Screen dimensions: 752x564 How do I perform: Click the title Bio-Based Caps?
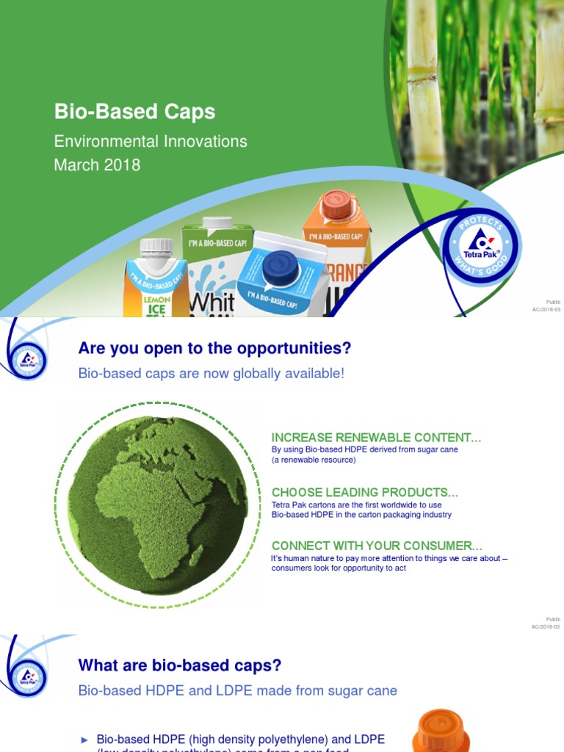pos(134,112)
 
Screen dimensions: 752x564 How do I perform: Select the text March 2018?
pos(97,164)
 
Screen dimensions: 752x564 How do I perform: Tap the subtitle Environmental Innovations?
pos(151,141)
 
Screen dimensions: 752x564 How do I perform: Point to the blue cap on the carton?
pos(280,266)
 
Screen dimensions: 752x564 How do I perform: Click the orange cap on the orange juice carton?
pos(336,204)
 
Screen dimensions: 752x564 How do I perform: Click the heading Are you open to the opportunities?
pos(214,348)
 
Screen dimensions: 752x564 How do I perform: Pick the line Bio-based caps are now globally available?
pos(211,373)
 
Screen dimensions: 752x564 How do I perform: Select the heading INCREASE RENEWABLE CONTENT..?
pos(376,438)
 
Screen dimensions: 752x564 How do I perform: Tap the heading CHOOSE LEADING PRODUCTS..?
pos(364,492)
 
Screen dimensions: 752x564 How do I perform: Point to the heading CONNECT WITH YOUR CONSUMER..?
pos(377,546)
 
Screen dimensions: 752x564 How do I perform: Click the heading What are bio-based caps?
pos(179,665)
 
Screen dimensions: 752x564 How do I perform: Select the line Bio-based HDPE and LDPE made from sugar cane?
pos(237,690)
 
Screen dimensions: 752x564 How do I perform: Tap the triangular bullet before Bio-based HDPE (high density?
pos(84,740)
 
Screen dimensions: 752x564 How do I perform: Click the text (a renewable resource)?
pos(314,460)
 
